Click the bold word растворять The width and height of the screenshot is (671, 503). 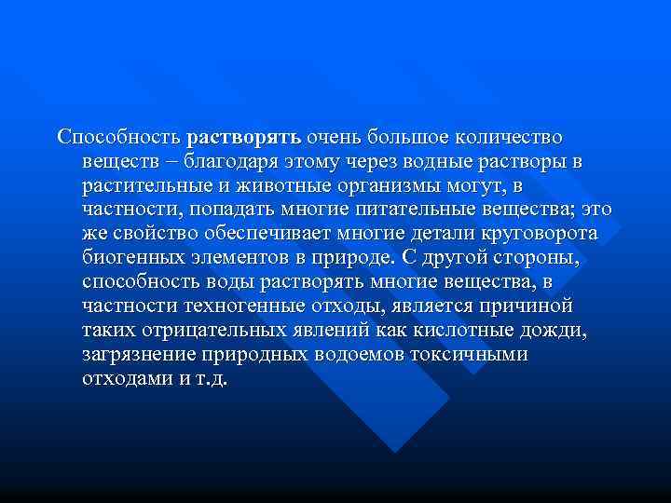[x=243, y=138]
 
